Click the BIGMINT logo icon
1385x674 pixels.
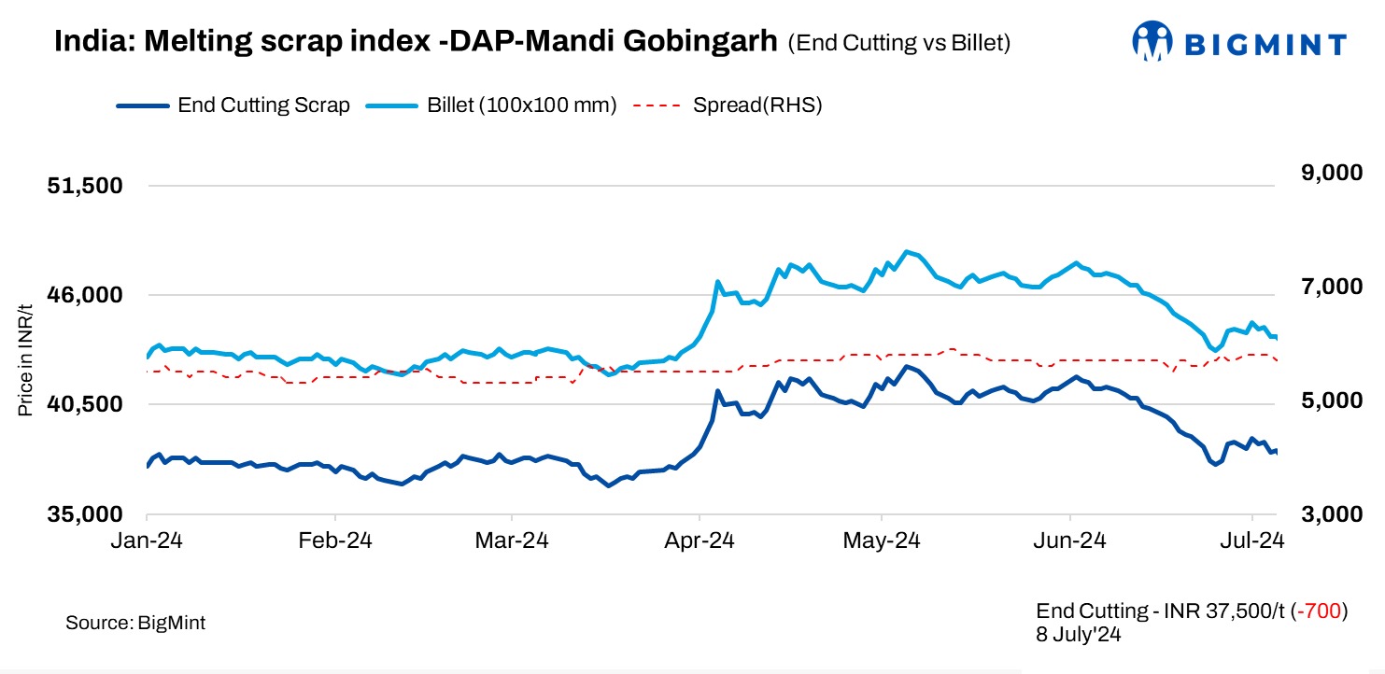[1152, 42]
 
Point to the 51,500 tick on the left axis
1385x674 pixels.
[85, 186]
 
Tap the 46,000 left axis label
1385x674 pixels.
[85, 295]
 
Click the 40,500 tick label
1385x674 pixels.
[85, 404]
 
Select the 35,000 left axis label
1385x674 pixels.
[85, 514]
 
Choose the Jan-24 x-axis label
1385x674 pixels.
[148, 541]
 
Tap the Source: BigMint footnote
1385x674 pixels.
[135, 623]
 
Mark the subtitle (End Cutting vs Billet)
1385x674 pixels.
[898, 43]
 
